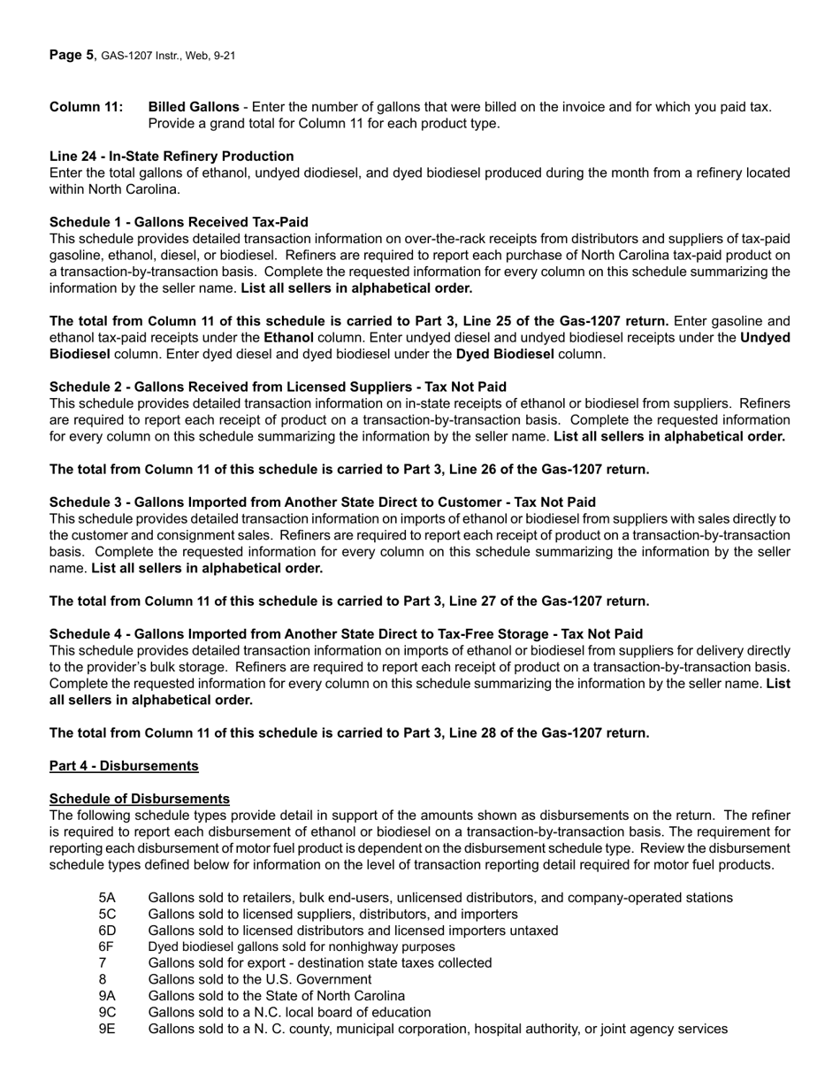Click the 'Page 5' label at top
(x=71, y=55)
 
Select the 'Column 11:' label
(x=86, y=107)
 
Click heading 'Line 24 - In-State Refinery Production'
(x=172, y=157)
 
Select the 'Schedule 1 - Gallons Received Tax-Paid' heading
(x=179, y=222)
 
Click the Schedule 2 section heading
(x=278, y=387)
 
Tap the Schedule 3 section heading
(x=322, y=502)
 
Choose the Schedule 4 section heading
(x=346, y=634)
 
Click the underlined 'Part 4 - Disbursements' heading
(x=124, y=766)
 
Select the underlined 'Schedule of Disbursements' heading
(x=140, y=799)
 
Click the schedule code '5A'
(x=107, y=898)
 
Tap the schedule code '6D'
(x=107, y=931)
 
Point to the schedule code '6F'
(x=107, y=946)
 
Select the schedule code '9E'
(x=107, y=1029)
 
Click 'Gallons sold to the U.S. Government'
(x=260, y=979)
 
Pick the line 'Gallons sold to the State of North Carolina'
(x=277, y=996)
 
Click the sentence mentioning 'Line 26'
(x=349, y=470)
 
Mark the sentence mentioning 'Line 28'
(x=349, y=733)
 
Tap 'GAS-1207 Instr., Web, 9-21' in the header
(x=168, y=56)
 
